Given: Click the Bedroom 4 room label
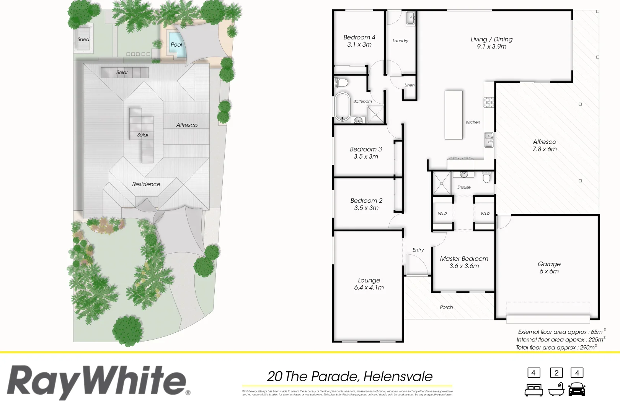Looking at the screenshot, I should tap(359, 41).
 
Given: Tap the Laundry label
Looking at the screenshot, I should tap(400, 41).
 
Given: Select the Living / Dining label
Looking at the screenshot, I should tap(491, 43).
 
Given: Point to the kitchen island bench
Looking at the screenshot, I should tap(454, 115).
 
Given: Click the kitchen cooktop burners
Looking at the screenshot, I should tap(489, 102).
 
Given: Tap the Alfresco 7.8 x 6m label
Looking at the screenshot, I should tap(544, 145).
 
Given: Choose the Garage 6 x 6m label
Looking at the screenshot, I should tap(549, 268).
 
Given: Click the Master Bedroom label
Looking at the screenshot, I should tap(464, 262).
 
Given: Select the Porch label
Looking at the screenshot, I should tap(446, 307).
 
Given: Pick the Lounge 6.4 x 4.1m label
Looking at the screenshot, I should tap(369, 284).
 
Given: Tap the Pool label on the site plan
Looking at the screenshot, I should tap(176, 45).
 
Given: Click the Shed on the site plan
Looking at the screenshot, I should tap(83, 39).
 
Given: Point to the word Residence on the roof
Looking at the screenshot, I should tap(146, 184).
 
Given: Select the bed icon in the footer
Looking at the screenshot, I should tap(534, 390).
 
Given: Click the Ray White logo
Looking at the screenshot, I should tap(98, 382).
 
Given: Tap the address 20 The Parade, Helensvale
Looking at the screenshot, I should tap(349, 377).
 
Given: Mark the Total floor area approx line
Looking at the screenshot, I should tap(556, 348).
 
